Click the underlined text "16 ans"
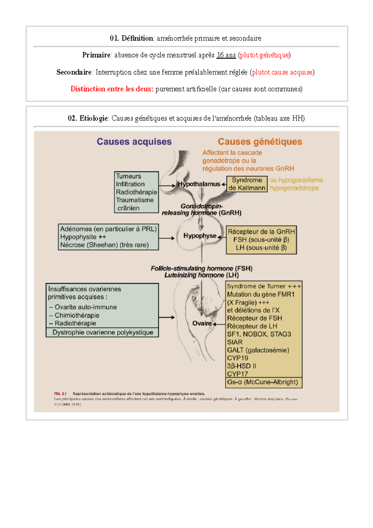[226, 55]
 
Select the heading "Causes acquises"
[134, 142]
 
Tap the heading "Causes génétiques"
[260, 142]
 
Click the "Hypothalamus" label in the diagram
[199, 184]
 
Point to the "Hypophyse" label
[200, 236]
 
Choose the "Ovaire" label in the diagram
[202, 323]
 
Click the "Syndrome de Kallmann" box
[247, 184]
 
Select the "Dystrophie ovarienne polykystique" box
[103, 332]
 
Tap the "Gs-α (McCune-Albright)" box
[263, 382]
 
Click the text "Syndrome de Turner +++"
[264, 286]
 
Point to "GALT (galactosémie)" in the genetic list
[258, 350]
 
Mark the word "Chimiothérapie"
[77, 315]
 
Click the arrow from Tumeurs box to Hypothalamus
[167, 186]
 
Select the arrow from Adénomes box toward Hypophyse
[167, 238]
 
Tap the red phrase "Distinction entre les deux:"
[112, 89]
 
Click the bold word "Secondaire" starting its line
[74, 72]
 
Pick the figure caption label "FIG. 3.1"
[60, 394]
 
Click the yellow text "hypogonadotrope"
[294, 188]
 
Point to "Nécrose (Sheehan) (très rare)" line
[104, 245]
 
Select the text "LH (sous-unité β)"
[261, 248]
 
